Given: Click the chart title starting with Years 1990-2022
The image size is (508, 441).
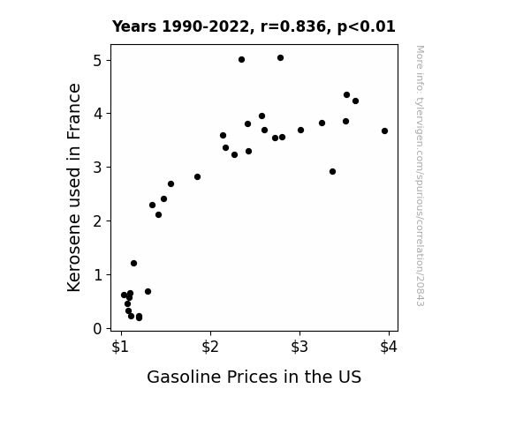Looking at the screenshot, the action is [x=254, y=26].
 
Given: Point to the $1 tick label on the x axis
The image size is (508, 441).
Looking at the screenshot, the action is [x=120, y=348].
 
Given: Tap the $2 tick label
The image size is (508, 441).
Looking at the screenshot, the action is [x=210, y=348].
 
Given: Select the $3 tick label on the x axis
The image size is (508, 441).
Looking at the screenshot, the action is [x=299, y=348].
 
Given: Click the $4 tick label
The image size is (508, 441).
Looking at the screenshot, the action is [x=389, y=348].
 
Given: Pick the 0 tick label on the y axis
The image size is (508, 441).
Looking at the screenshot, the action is [x=97, y=329].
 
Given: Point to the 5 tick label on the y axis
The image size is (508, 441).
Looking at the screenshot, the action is [x=97, y=61].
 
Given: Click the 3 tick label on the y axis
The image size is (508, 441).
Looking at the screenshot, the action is [x=97, y=168].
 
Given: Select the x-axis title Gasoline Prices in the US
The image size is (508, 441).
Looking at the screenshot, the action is [x=254, y=377].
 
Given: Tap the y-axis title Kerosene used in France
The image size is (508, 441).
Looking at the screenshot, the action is [x=74, y=188].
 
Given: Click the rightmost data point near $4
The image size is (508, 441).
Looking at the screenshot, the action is [x=384, y=131].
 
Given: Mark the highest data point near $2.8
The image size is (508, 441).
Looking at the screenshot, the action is [x=281, y=58].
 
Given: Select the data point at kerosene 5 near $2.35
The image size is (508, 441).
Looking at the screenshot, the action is [x=241, y=59].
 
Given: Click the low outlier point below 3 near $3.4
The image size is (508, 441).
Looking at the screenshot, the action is [x=332, y=171].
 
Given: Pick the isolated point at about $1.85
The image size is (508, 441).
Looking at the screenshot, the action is [x=197, y=176].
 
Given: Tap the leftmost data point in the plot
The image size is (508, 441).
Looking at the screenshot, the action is [x=124, y=295].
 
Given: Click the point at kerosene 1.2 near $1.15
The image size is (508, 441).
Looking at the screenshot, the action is [x=133, y=264].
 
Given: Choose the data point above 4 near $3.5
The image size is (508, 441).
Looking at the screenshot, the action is [x=346, y=94].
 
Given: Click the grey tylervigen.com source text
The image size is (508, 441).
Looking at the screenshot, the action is [x=420, y=176].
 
